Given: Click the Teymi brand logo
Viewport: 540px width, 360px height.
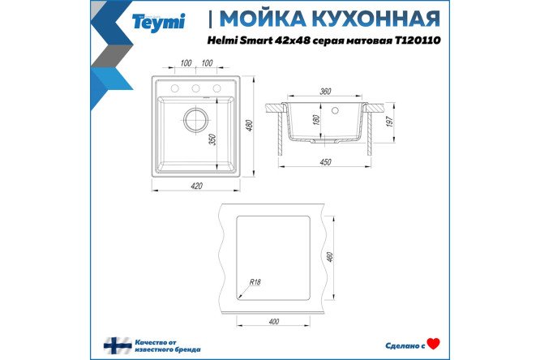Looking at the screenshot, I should [158, 23].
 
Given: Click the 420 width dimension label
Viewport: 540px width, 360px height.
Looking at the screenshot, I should [196, 186].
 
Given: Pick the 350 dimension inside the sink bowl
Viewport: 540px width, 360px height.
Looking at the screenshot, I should [212, 139].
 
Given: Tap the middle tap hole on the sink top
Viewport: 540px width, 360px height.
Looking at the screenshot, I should [196, 88].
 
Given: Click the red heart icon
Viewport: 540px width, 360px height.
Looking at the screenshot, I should [434, 345].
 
